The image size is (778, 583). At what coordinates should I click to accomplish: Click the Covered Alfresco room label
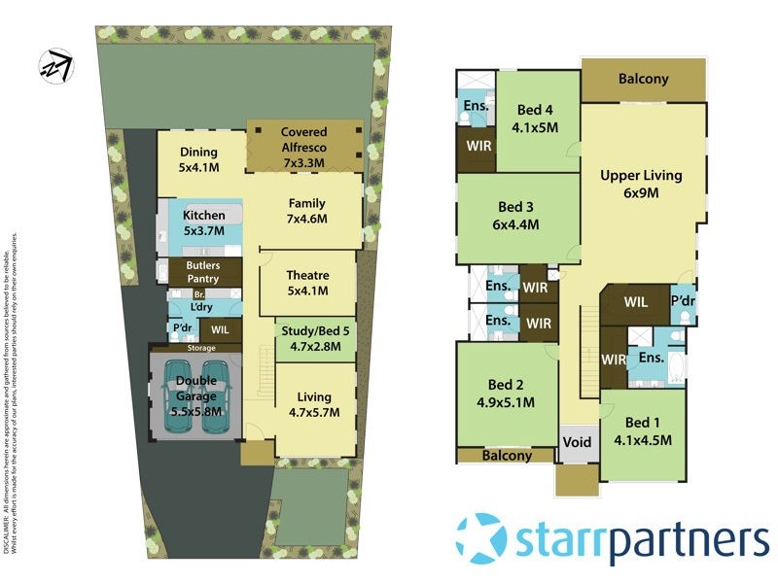coord(303,140)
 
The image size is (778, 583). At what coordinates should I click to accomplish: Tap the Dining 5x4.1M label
coord(198,159)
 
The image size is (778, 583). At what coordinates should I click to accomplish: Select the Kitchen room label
coord(204,223)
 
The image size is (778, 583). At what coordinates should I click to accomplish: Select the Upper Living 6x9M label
coord(641,184)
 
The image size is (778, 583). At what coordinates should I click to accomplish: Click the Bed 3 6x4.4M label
coord(514,216)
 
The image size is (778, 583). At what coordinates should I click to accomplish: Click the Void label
coord(577,441)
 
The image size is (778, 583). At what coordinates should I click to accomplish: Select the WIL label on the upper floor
coord(636,302)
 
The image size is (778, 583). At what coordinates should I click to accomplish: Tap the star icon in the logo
coord(480,537)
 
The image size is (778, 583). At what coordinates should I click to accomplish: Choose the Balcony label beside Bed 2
coord(507,456)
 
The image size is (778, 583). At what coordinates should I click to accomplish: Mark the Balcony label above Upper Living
coord(643,79)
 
